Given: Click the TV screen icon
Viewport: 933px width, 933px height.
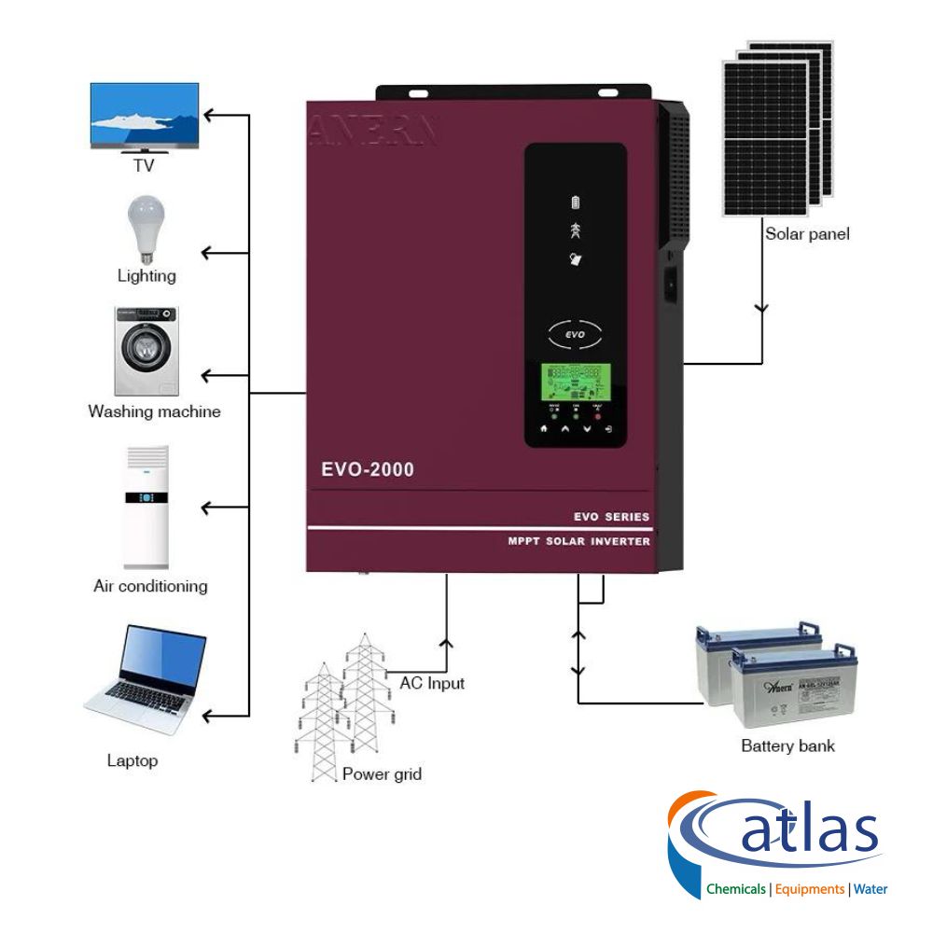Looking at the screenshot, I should point(144,116).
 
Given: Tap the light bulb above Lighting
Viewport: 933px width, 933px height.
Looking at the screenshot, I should point(145,228).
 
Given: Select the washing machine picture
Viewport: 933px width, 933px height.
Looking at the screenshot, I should point(146,352).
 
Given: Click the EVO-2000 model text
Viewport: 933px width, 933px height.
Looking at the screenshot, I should point(368,469).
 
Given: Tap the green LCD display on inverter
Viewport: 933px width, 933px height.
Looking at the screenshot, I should point(574,381).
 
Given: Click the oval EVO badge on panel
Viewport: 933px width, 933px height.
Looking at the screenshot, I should point(573,331).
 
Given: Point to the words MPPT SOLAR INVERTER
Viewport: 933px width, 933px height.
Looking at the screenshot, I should point(579,541).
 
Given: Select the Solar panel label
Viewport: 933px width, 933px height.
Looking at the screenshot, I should point(807,234).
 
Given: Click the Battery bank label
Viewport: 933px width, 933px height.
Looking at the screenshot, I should point(787,745).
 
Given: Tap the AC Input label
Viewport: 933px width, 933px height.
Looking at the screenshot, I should point(432,683).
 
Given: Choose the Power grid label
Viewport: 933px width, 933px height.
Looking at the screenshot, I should point(382,773).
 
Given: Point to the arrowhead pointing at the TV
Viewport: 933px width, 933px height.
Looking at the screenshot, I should point(209,116).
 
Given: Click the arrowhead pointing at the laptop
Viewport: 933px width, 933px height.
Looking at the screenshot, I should point(209,716).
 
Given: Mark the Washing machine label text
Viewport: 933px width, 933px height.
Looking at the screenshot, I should point(154,411).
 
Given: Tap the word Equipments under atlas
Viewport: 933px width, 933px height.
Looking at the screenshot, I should point(809,889).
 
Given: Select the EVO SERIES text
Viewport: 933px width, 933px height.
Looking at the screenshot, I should point(611,517).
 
